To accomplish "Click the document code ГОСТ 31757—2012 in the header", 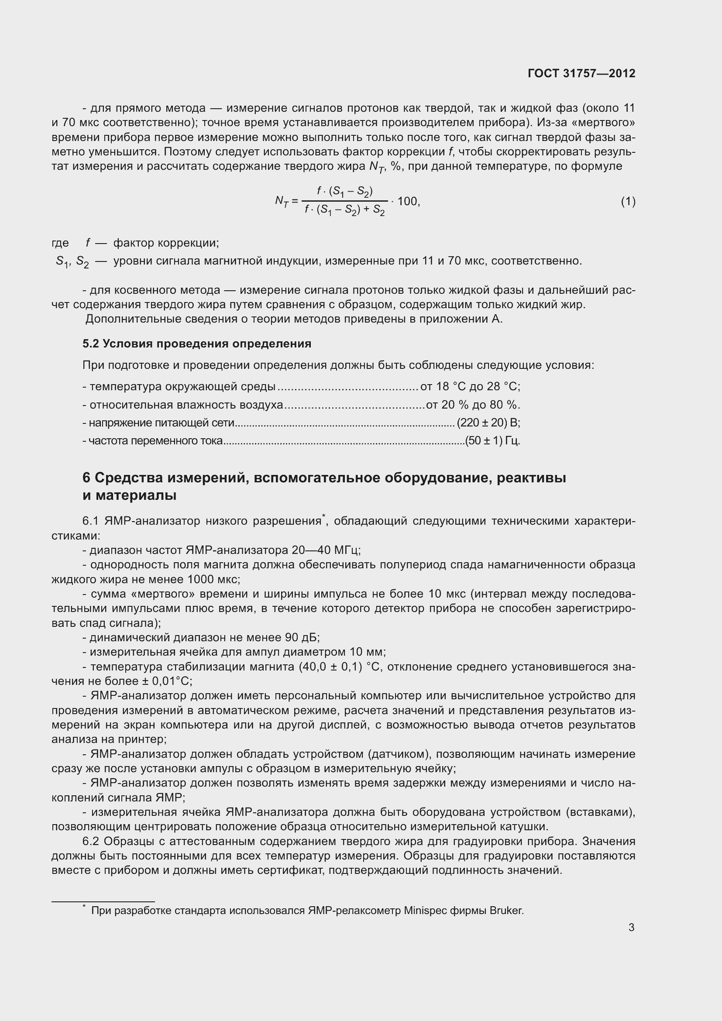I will click(581, 73).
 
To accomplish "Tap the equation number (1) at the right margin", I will click(628, 202).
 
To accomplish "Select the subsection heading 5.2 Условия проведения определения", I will click(196, 344).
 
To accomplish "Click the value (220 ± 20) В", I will click(488, 423).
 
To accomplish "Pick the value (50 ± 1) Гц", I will click(492, 441).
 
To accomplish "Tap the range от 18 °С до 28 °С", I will click(470, 386).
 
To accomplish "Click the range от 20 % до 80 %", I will click(473, 405).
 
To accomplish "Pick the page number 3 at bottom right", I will click(631, 928).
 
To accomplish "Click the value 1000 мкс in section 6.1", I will click(213, 579).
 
